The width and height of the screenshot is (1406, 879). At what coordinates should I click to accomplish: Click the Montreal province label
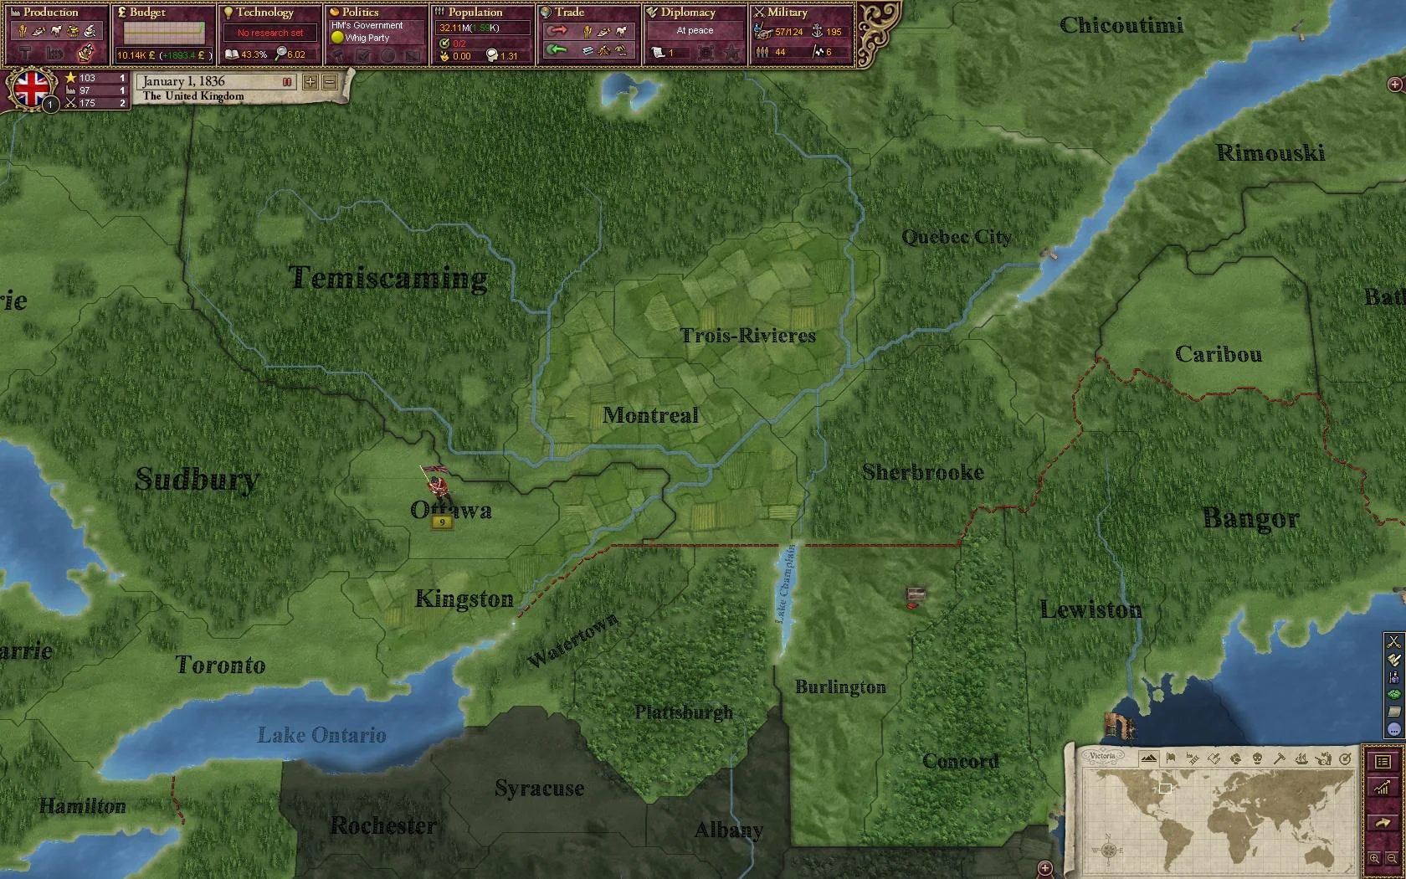(x=650, y=415)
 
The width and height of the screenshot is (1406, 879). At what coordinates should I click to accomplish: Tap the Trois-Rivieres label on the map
(x=747, y=336)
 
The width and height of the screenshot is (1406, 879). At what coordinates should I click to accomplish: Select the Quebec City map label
(x=956, y=238)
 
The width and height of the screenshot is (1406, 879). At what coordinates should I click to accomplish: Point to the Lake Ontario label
(x=321, y=735)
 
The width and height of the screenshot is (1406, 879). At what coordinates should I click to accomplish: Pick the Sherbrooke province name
(x=922, y=472)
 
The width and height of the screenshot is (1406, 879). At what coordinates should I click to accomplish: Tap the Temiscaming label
(x=387, y=277)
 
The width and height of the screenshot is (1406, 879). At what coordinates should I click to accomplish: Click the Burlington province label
(x=839, y=687)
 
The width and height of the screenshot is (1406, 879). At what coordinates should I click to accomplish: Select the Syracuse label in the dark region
(x=539, y=788)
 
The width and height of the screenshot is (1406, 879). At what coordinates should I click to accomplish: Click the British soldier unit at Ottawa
(x=434, y=483)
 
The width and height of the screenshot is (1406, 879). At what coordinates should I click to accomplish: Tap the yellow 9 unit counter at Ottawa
(x=441, y=522)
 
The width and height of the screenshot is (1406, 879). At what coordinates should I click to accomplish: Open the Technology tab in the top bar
(x=264, y=13)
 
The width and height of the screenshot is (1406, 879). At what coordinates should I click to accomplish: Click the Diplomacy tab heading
(x=687, y=13)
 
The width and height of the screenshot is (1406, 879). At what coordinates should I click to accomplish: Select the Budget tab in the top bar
(x=147, y=13)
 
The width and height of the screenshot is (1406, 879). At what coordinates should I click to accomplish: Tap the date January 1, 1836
(x=183, y=81)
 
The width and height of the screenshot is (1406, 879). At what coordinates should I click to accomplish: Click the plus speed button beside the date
(x=310, y=81)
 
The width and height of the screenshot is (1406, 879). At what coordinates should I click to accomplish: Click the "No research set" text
(x=270, y=33)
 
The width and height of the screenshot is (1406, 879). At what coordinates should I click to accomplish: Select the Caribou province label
(x=1218, y=354)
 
